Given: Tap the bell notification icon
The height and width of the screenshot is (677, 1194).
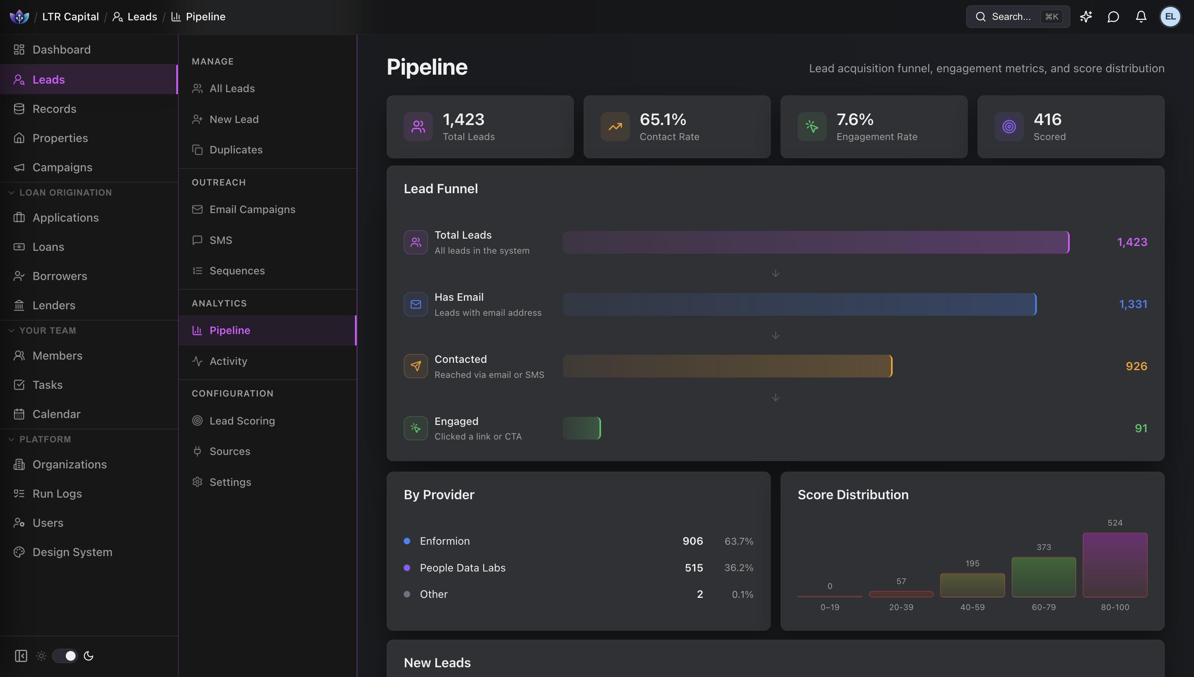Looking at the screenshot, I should coord(1140,17).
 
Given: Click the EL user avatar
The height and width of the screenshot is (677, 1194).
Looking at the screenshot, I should coord(1170,17).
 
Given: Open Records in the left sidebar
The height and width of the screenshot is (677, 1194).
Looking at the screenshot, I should coord(54,109).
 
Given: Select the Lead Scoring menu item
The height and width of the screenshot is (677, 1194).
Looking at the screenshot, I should coord(242,421).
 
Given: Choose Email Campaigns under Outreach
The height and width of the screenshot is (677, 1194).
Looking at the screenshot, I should coord(252,210).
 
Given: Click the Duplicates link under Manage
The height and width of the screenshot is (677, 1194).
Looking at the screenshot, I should coord(236,150).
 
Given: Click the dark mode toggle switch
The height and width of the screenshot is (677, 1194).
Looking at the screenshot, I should coord(65,655).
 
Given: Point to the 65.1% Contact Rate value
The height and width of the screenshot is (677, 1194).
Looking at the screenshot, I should coord(662,119).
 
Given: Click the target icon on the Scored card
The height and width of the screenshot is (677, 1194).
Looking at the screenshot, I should coord(1008,127).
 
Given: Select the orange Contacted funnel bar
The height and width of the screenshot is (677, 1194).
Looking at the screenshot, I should coord(727,366).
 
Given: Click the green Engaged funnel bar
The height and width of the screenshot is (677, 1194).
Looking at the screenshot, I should coord(582,428).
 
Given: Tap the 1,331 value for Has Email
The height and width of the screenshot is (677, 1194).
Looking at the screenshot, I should coord(1133,304).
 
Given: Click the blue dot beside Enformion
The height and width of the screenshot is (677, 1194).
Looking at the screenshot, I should coord(407,541).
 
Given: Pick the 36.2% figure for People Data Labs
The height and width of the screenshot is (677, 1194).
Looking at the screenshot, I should coord(738,568).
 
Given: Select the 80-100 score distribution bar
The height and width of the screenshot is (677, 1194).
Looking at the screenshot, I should coord(1114,565).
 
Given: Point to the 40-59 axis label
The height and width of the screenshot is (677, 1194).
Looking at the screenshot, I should coord(972,607).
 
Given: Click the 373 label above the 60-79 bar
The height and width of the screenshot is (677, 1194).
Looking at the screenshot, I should coord(1043,547).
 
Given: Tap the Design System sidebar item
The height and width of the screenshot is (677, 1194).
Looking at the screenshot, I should coord(72,552).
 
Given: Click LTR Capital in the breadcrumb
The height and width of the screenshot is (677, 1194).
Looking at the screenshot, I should coord(70,17).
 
